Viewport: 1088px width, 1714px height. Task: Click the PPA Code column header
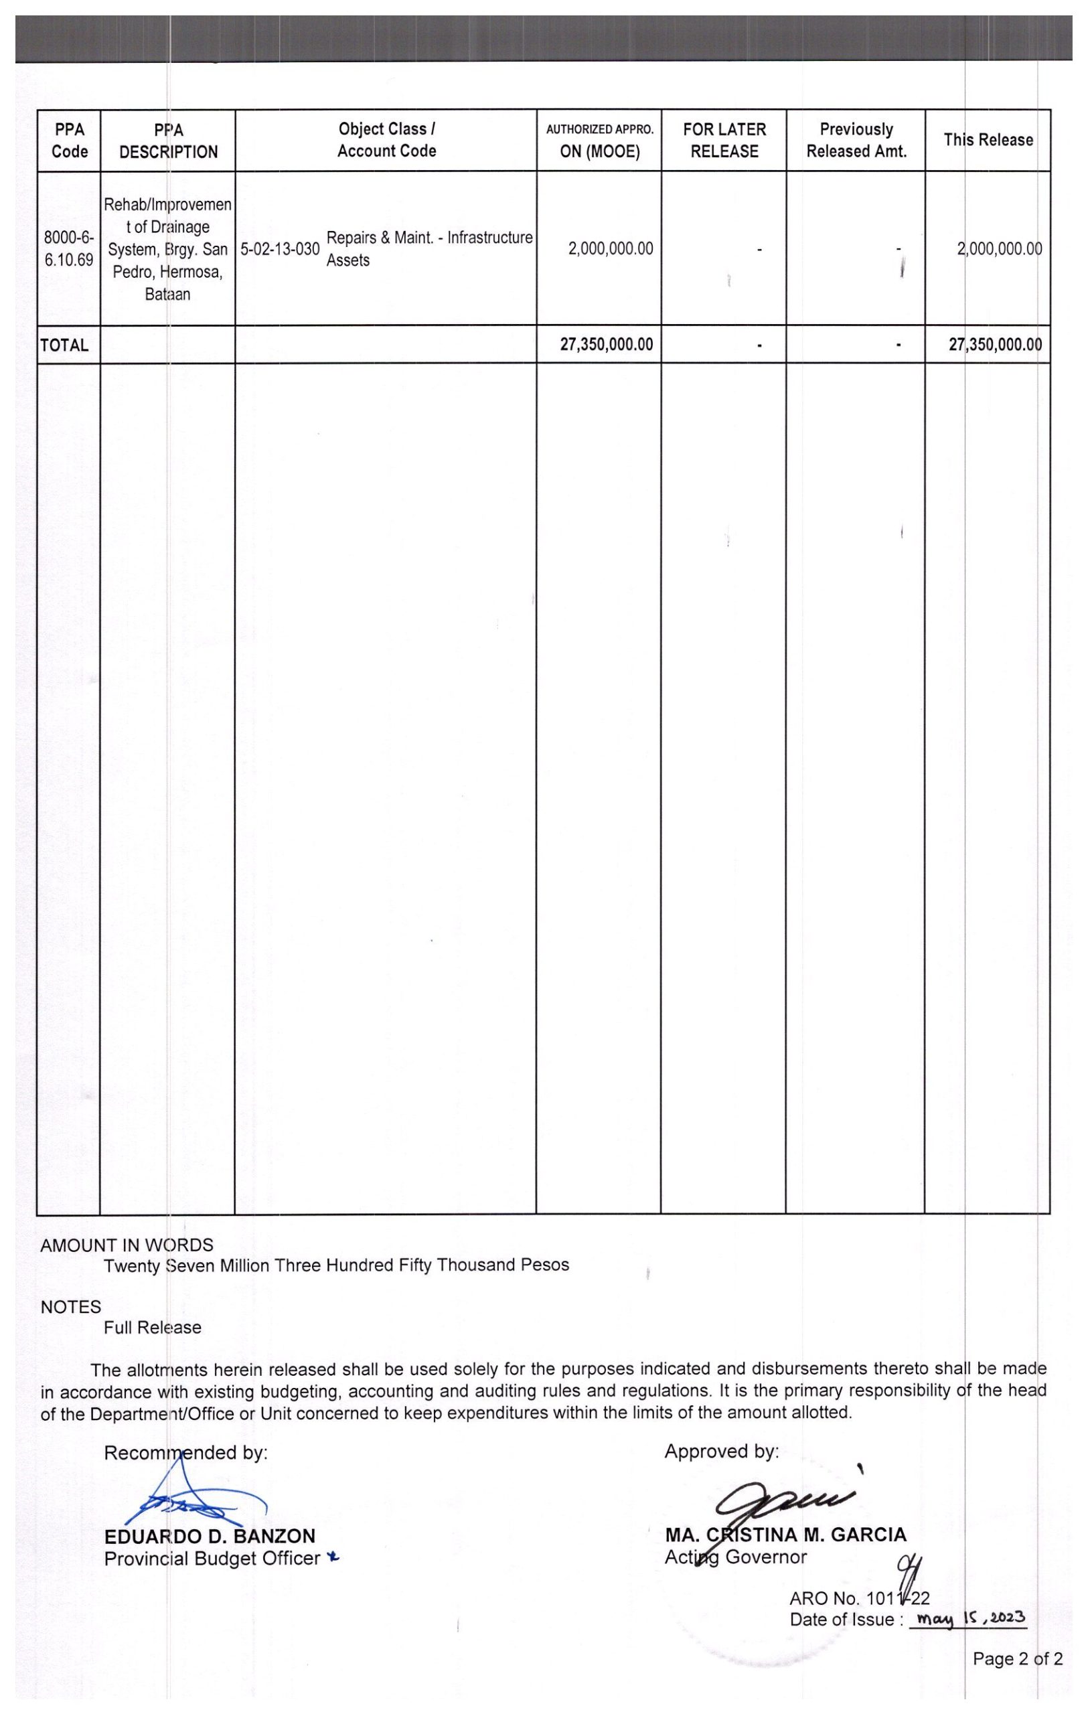click(69, 140)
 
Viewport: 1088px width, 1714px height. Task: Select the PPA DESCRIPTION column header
click(168, 140)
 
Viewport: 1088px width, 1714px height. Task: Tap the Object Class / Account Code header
click(386, 139)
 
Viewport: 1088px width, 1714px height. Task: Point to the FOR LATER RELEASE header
click(724, 140)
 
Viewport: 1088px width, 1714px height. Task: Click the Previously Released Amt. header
click(856, 140)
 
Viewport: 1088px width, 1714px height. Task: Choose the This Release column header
click(988, 139)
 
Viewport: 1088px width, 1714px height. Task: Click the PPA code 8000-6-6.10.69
click(69, 249)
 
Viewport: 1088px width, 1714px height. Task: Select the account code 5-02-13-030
click(280, 249)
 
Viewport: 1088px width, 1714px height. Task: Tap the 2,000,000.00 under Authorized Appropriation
click(610, 249)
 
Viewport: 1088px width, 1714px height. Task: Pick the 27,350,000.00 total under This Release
click(995, 345)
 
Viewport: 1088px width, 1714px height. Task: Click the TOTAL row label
click(65, 346)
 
